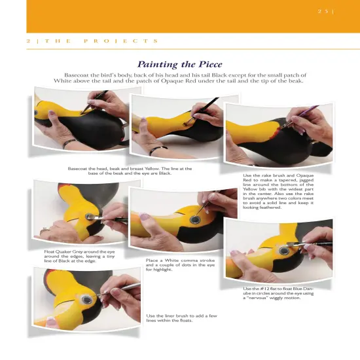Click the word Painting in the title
[159, 64]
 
